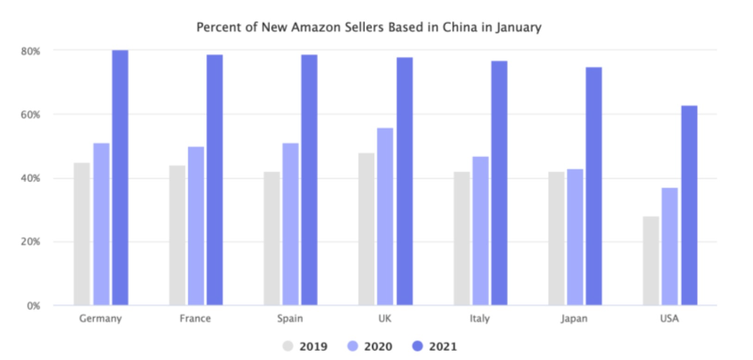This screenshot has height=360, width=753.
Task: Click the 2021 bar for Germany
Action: pos(120,177)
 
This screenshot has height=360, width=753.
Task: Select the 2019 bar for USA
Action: pos(651,260)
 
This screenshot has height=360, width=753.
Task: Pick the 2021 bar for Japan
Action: pos(594,186)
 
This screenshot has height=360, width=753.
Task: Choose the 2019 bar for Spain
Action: pos(272,238)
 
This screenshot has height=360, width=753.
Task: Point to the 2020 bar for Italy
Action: pos(480,231)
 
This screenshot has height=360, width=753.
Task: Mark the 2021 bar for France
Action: pos(215,180)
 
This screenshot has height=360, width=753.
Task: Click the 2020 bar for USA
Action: pos(670,246)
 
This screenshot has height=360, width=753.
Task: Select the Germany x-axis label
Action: pos(101,319)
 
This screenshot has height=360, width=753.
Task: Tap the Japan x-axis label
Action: pos(575,319)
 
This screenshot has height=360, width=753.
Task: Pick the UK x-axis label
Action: pos(385,319)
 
